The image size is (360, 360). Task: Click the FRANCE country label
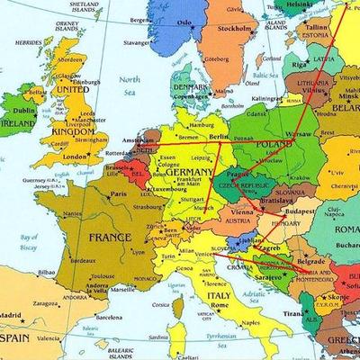(x=109, y=238)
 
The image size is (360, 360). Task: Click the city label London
(x=76, y=157)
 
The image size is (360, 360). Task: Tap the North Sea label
(x=132, y=85)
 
